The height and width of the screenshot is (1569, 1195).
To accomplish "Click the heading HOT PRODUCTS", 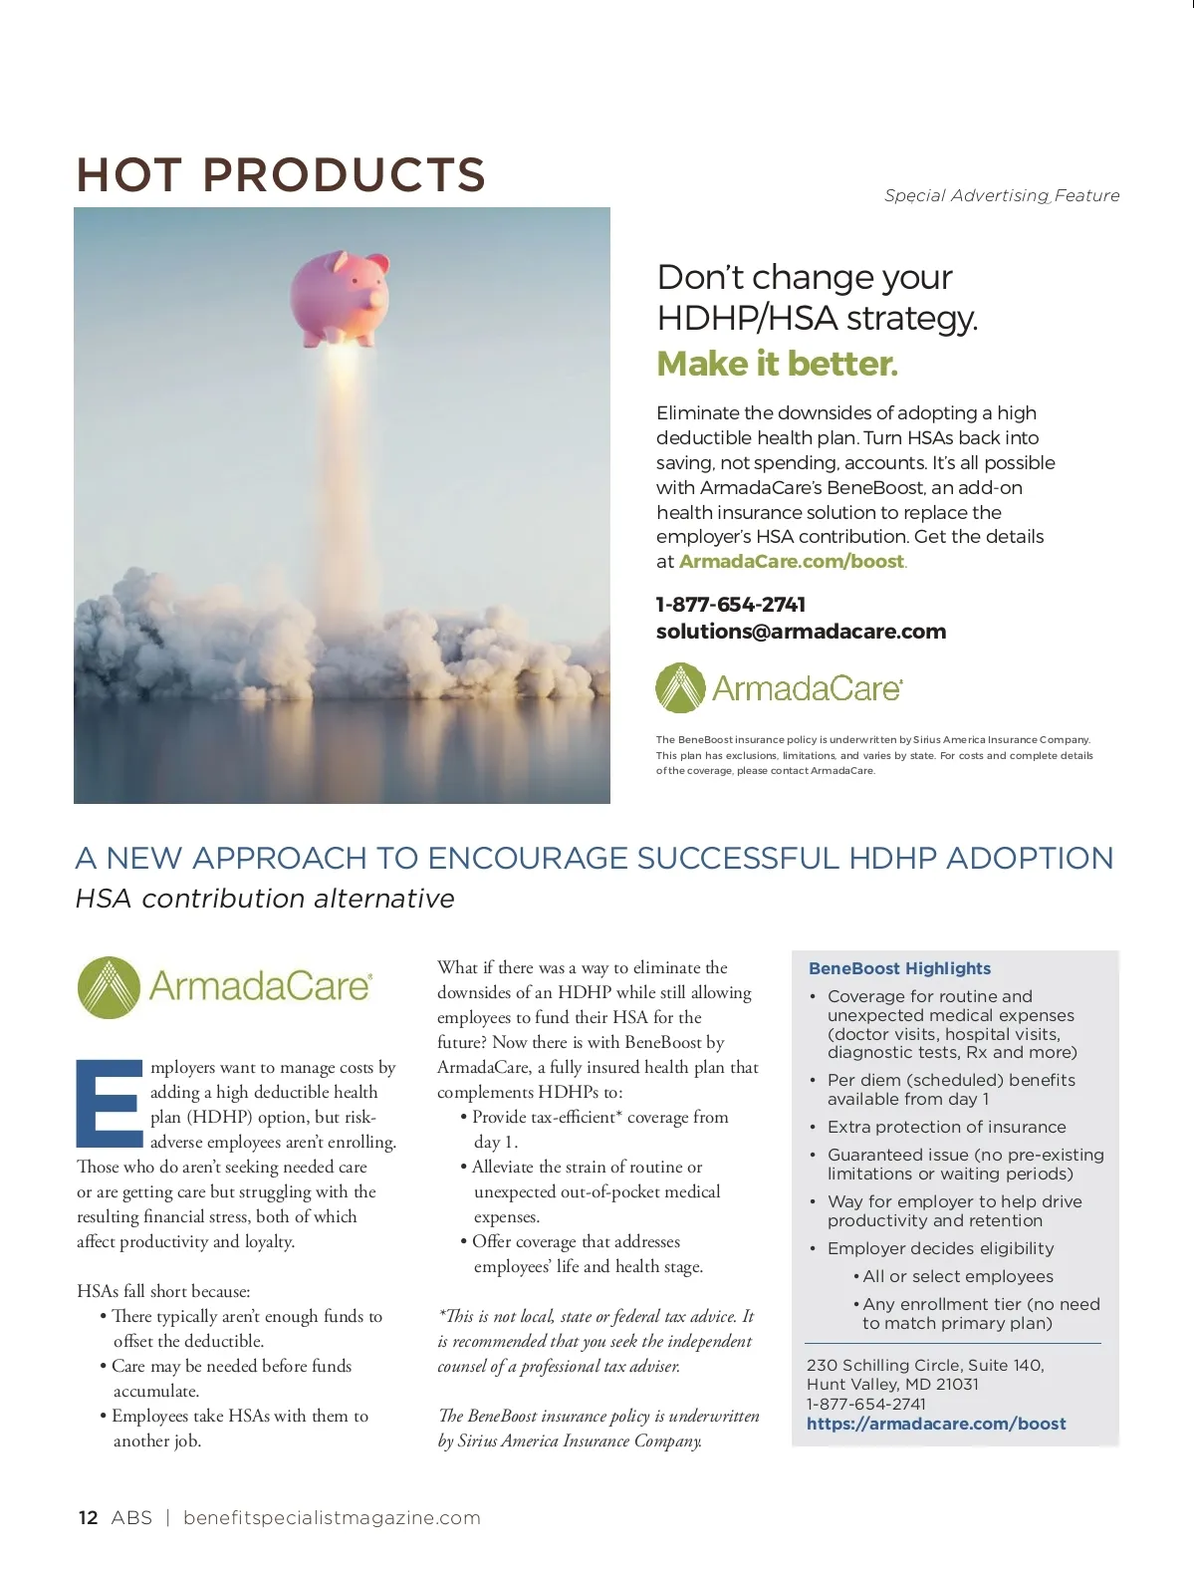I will coord(281,175).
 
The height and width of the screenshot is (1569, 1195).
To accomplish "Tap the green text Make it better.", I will coord(777,364).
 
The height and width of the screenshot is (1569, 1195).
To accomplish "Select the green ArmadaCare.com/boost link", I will coord(792,561).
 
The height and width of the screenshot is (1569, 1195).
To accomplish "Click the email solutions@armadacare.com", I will coord(801,632).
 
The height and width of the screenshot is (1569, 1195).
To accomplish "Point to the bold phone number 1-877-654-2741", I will coord(730,605).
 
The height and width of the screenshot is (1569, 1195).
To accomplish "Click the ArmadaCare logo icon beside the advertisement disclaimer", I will coord(680,688).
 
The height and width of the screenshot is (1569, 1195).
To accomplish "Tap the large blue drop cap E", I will coord(110,1103).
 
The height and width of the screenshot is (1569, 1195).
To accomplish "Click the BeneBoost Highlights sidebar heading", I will coord(899,968).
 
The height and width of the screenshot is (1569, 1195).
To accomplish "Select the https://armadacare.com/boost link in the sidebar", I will coord(936,1424).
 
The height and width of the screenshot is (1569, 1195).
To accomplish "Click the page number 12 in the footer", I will coord(88,1517).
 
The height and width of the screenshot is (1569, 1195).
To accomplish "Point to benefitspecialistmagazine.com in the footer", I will coord(332,1517).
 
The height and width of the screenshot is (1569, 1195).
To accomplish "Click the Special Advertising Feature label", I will coord(1001,195).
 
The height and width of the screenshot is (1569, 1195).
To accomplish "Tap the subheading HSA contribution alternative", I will coord(265,899).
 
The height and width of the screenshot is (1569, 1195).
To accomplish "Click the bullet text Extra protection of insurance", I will coord(946,1127).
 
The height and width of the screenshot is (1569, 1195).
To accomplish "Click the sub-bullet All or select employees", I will coord(957,1276).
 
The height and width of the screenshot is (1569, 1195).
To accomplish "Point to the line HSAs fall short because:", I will coord(163,1291).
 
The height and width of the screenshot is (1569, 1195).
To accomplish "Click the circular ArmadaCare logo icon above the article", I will coord(109,987).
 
